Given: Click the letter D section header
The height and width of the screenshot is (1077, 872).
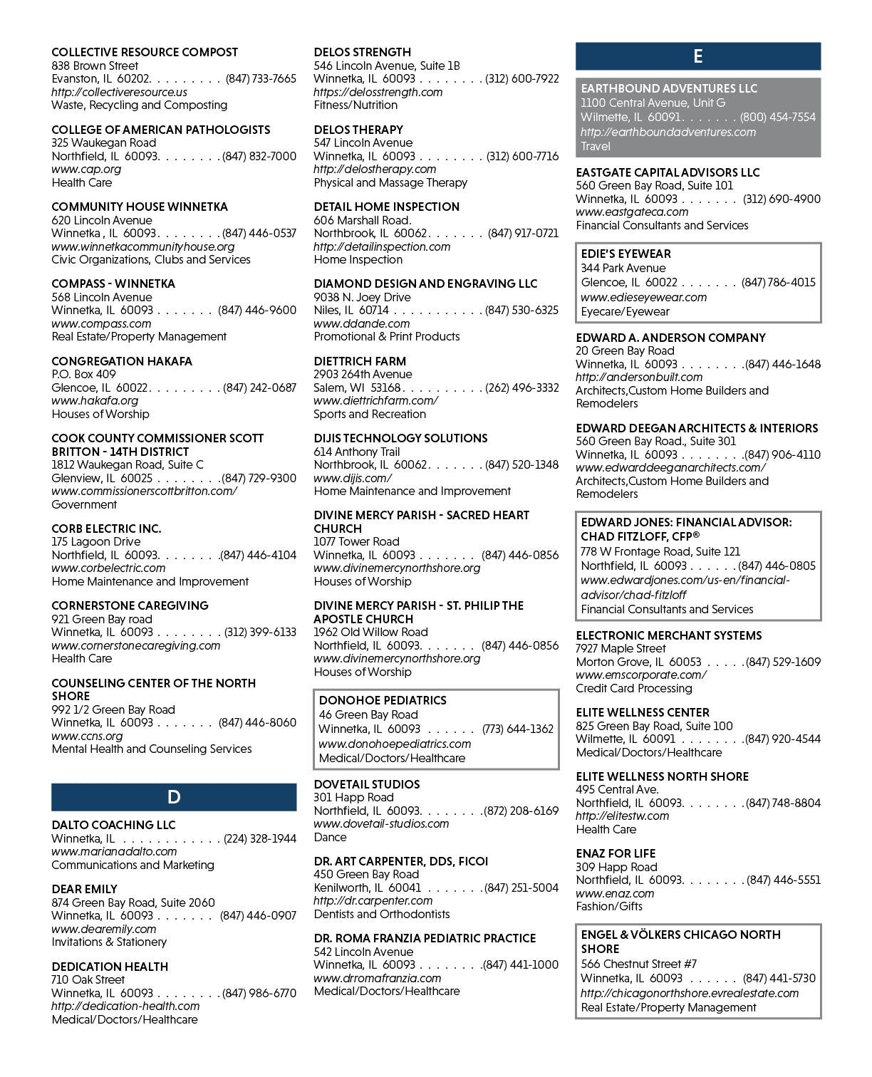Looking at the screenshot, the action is click(174, 797).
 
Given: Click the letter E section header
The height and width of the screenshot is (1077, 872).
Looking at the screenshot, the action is click(698, 56).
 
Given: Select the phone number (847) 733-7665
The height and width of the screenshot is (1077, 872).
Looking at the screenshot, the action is click(261, 79).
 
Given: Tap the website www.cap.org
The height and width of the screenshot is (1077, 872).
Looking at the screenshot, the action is click(86, 170).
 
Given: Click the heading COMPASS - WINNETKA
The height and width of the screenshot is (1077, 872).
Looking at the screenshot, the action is click(113, 283).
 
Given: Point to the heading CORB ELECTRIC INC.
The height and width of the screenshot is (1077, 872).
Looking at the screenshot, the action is click(106, 529).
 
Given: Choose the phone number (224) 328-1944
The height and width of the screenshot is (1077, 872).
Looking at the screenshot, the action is click(260, 838).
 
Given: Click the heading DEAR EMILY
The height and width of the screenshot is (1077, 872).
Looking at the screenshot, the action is click(85, 889).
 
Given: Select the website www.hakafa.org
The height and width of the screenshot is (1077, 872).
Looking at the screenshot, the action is click(95, 400).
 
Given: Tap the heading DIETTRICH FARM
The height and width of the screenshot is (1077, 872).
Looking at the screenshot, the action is click(360, 361).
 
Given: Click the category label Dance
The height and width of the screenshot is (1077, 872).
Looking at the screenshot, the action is click(331, 837).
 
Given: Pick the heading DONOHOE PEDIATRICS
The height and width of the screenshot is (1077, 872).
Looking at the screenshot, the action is click(383, 700).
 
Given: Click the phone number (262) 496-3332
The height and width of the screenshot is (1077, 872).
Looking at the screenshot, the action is click(522, 387).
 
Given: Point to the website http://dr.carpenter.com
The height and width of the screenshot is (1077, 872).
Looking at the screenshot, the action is click(373, 900).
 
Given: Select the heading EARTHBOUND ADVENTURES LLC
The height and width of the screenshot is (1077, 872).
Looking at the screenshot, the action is click(669, 88).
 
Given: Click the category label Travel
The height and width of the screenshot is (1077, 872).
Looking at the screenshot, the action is click(596, 146).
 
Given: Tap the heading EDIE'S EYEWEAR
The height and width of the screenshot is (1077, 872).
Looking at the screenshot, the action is click(626, 254).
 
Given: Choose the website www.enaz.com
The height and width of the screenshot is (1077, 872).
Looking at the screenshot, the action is click(615, 893).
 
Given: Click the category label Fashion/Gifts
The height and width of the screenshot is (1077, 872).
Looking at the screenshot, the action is click(609, 906).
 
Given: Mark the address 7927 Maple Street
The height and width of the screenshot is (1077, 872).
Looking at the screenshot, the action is click(621, 649).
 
